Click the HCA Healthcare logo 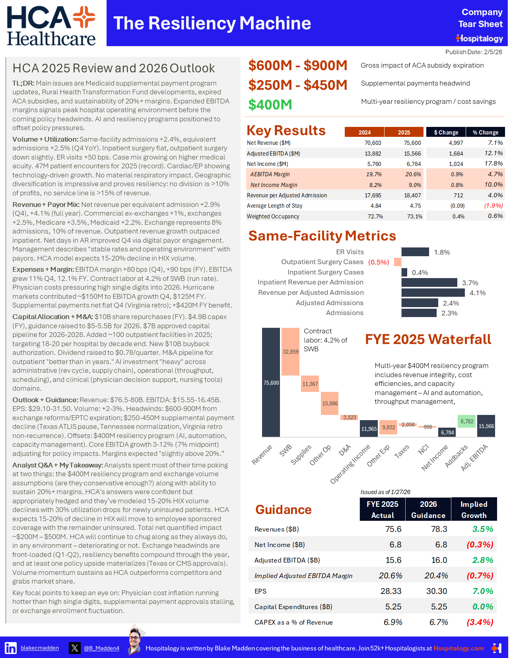(x=51, y=26)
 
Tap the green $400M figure (x=270, y=105)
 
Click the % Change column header (x=485, y=132)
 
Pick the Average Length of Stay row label (x=274, y=206)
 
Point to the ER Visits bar (x=415, y=252)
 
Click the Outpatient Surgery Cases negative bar (x=397, y=262)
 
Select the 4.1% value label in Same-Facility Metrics (x=477, y=293)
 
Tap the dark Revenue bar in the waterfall (x=271, y=382)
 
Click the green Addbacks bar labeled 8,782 (x=467, y=421)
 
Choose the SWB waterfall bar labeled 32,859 (x=290, y=352)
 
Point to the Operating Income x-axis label (x=350, y=464)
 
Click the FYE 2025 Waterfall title (x=428, y=339)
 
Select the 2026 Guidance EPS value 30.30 (x=437, y=591)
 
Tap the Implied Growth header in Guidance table (x=474, y=509)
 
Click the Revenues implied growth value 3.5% (x=482, y=529)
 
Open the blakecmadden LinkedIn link (x=40, y=648)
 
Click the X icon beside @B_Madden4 (x=74, y=648)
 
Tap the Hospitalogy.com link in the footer (x=458, y=648)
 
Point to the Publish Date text (x=474, y=52)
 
